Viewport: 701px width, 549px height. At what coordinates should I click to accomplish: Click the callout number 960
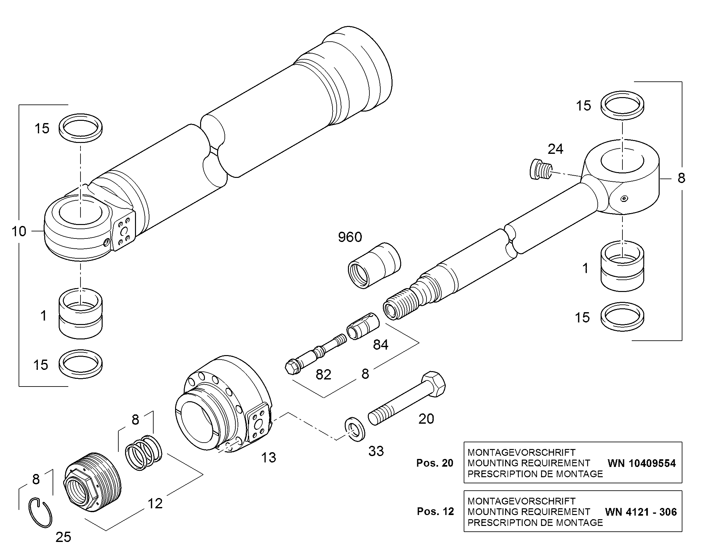tap(350, 237)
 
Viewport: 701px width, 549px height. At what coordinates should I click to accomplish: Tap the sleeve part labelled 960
tap(375, 265)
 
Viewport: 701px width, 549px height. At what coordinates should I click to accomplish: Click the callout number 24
tap(555, 149)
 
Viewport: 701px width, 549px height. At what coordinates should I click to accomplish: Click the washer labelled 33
tap(355, 429)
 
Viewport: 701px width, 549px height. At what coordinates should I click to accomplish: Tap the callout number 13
tap(268, 458)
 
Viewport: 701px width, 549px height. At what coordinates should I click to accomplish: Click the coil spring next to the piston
tap(143, 453)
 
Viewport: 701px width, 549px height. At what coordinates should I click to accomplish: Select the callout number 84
tap(381, 345)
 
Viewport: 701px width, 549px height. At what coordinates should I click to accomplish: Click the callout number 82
tap(323, 375)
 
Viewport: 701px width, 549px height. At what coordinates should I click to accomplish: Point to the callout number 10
tap(19, 231)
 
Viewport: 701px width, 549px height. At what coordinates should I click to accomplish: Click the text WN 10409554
tap(641, 463)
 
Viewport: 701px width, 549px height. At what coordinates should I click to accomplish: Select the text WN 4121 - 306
tap(641, 512)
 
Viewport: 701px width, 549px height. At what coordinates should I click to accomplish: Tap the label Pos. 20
tap(435, 463)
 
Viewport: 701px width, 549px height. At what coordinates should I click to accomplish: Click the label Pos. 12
tap(435, 511)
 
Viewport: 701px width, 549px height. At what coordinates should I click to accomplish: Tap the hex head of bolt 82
tap(291, 367)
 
